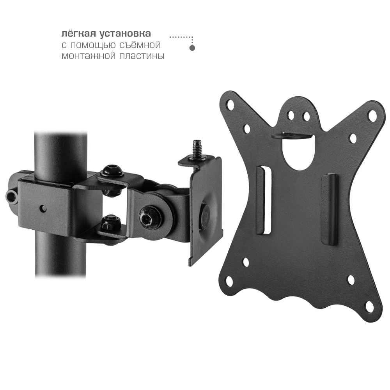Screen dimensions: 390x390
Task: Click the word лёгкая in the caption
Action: tap(79, 34)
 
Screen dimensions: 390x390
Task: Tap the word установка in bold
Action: tap(125, 34)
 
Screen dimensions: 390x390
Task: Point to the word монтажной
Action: tap(88, 56)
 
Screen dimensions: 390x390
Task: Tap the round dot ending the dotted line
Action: tap(192, 48)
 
